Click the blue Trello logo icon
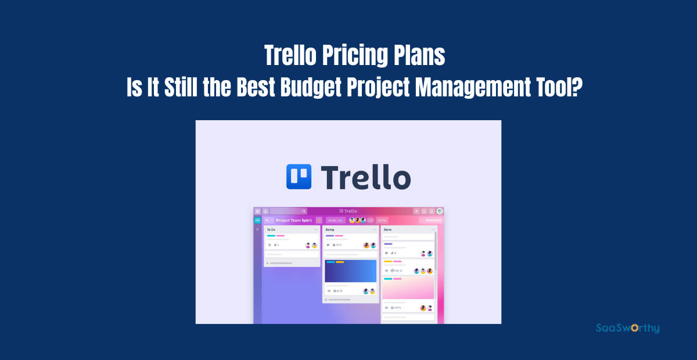click(x=299, y=177)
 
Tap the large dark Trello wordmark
click(x=366, y=177)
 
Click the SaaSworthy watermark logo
click(x=628, y=328)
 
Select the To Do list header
click(x=271, y=229)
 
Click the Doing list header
click(x=330, y=229)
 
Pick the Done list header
click(x=388, y=229)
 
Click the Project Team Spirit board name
click(x=294, y=220)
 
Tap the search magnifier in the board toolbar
click(x=303, y=211)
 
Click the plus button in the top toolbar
click(x=416, y=211)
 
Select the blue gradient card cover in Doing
click(x=350, y=271)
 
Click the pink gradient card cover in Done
click(x=408, y=287)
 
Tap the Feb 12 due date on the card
click(x=398, y=271)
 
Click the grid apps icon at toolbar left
click(x=258, y=211)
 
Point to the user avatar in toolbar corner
click(x=440, y=211)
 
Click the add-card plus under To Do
click(x=267, y=263)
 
